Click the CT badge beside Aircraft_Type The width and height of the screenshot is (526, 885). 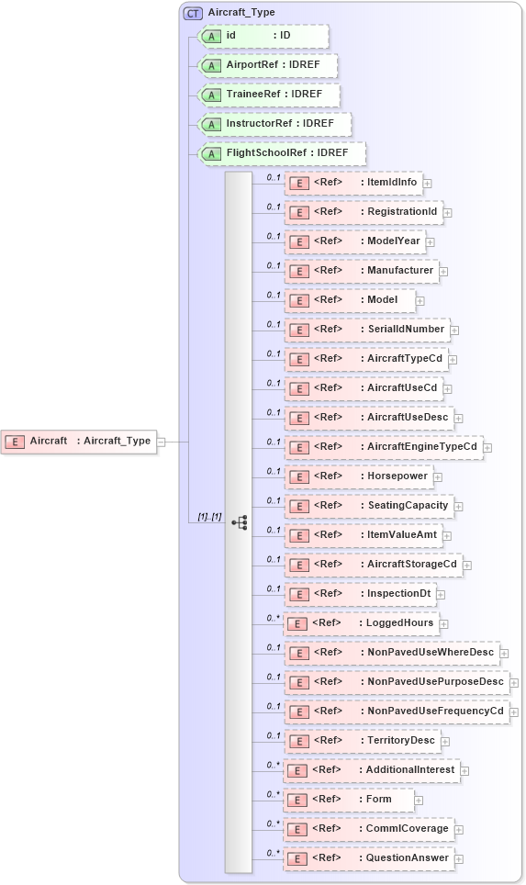point(193,13)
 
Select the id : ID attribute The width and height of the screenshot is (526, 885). point(263,36)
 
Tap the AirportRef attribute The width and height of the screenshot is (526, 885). point(268,65)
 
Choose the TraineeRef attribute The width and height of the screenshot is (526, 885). point(269,95)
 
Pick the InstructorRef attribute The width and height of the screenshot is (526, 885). point(275,124)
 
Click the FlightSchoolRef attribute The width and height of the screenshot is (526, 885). point(282,153)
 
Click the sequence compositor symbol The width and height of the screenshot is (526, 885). point(240,522)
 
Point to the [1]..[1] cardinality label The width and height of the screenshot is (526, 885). point(209,517)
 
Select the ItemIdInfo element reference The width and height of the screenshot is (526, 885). point(352,183)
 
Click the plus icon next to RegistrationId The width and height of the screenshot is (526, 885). point(448,213)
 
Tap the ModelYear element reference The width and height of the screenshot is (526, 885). point(353,241)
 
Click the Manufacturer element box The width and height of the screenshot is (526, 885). point(360,271)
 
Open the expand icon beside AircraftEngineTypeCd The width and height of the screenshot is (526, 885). point(488,448)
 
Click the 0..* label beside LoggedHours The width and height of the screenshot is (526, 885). point(273,618)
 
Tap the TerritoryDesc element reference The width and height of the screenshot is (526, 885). point(361,741)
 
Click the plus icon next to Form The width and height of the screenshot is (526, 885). point(419,801)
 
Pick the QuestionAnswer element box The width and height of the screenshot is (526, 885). point(368,858)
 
